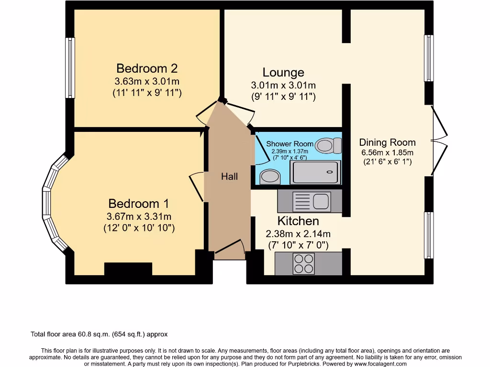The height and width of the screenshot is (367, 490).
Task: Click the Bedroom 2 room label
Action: (x=147, y=68)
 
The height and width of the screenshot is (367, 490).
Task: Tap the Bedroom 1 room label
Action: (x=139, y=203)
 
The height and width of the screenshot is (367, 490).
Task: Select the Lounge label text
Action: (x=283, y=73)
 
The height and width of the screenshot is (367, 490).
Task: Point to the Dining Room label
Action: (x=387, y=142)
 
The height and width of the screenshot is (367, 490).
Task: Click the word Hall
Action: (x=229, y=177)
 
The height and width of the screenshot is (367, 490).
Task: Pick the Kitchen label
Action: (x=298, y=221)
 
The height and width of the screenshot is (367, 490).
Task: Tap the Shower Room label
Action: (x=290, y=144)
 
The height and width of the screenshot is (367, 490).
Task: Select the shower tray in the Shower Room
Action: (x=316, y=173)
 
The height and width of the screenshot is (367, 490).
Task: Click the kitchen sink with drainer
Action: (x=310, y=201)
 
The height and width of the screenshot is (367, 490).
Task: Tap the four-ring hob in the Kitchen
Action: (x=304, y=263)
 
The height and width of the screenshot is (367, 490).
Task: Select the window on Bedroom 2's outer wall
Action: (x=70, y=68)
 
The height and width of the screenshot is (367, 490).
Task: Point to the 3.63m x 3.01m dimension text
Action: (x=147, y=81)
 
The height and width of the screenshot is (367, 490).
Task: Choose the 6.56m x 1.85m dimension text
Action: (x=387, y=153)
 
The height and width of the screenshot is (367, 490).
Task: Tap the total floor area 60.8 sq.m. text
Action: (x=99, y=335)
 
